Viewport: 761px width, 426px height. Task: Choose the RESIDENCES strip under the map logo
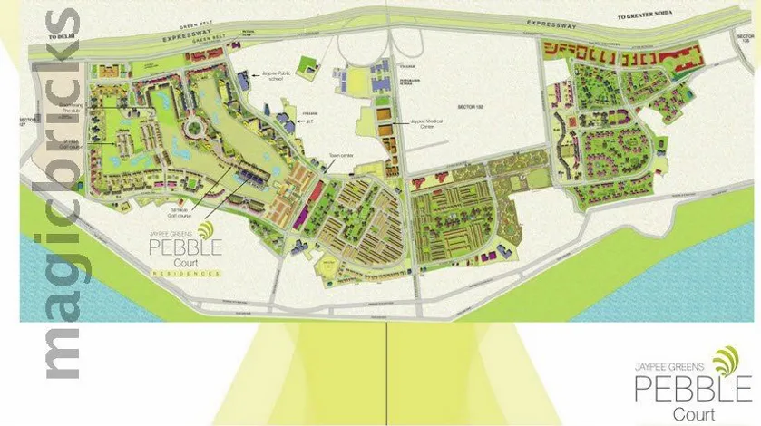pyautogui.click(x=187, y=273)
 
